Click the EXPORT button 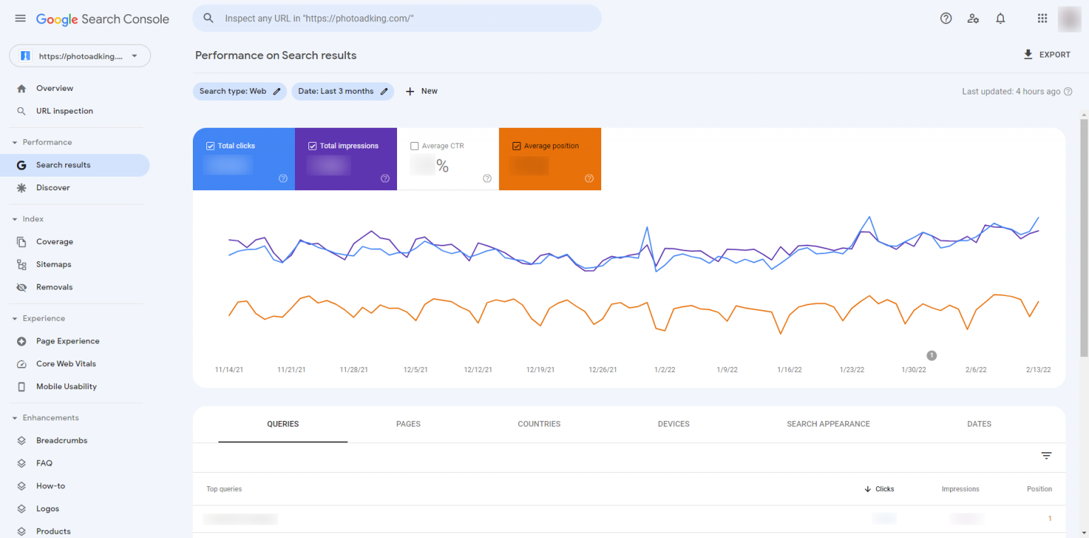point(1046,55)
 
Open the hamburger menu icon point(20,18)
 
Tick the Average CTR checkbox point(415,146)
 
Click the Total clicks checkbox point(211,146)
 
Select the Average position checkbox point(517,146)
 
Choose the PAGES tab point(408,424)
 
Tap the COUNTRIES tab point(539,424)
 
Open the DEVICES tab point(674,424)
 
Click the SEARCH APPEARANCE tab point(828,424)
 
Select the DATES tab point(979,424)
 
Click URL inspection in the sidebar point(65,111)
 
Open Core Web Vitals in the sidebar point(66,363)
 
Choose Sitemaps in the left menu point(54,264)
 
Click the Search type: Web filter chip point(240,91)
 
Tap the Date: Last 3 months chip point(342,91)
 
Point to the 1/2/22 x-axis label point(664,370)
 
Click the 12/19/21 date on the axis point(540,370)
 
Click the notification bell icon point(1000,18)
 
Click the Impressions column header point(960,489)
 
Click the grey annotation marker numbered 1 point(932,356)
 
